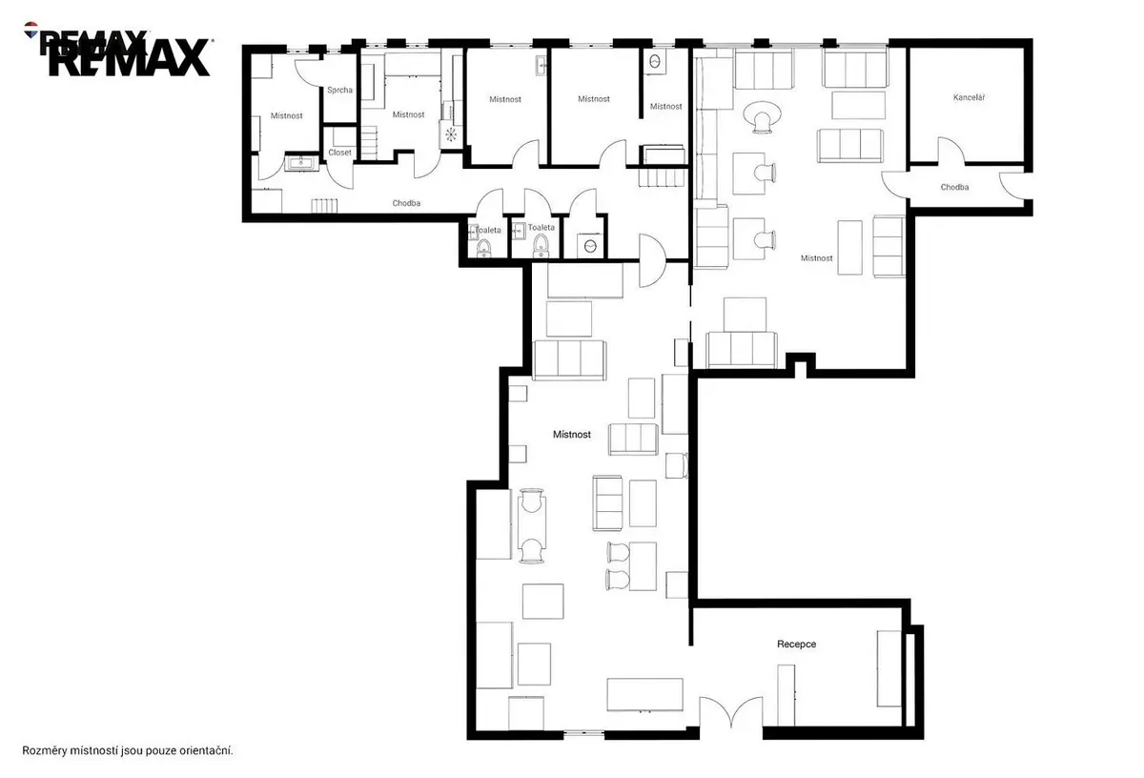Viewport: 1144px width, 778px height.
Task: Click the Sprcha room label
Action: [339, 90]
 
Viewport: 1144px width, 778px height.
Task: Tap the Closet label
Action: [339, 153]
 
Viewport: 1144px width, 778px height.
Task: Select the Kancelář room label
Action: [969, 97]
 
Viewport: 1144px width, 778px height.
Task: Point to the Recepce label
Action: [796, 645]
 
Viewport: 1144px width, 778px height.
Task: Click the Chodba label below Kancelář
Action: [954, 187]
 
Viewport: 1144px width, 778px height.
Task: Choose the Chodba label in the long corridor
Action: [406, 203]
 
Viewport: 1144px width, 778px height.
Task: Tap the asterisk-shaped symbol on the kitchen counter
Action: [451, 134]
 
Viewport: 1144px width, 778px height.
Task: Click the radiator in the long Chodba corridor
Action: [324, 205]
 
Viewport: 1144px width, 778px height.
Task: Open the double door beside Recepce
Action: [731, 711]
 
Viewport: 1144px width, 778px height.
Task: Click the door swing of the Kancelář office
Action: [950, 151]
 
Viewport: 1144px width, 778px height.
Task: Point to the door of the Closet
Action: [339, 173]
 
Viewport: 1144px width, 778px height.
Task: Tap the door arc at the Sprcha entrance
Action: [308, 73]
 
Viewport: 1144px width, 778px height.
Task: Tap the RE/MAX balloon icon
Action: [31, 30]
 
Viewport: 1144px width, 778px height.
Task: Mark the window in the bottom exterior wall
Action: [583, 733]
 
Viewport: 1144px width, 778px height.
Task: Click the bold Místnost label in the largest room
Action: [571, 434]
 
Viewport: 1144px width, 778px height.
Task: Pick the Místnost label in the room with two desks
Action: [816, 258]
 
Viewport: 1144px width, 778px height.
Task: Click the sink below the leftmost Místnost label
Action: [301, 163]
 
